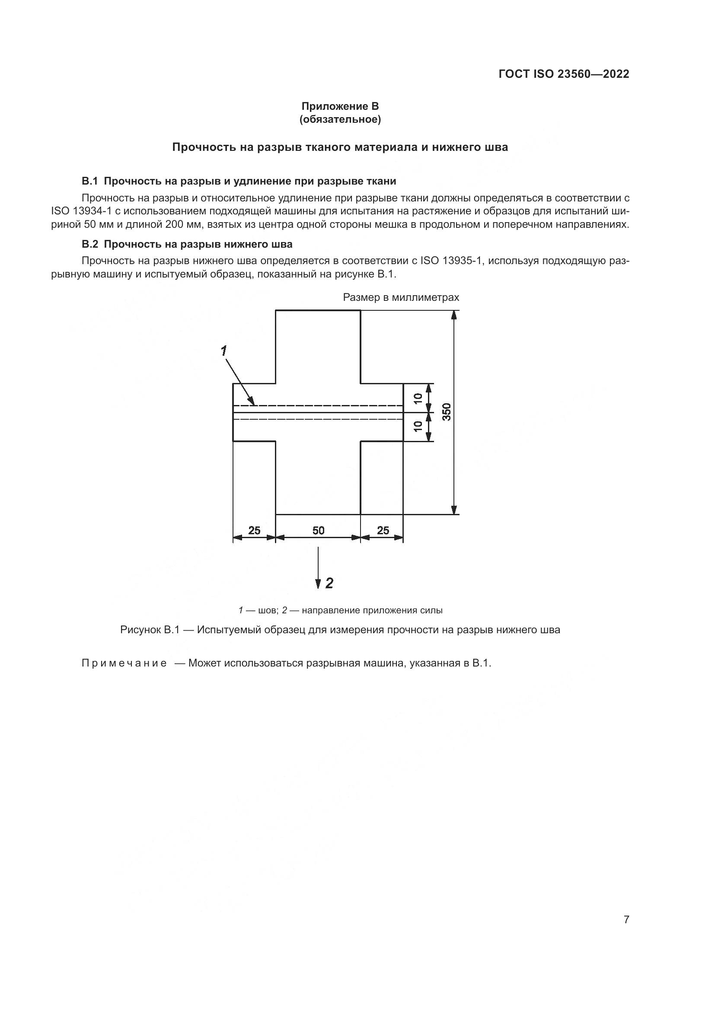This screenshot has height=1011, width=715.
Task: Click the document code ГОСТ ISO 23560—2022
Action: [x=564, y=74]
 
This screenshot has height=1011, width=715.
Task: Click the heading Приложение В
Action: [x=340, y=106]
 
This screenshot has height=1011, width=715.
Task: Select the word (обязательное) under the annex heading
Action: [x=340, y=119]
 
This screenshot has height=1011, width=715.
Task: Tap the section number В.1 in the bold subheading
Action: [x=89, y=181]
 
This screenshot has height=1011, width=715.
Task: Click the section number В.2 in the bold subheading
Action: [x=89, y=244]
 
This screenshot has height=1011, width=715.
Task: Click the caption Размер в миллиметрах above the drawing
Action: [x=401, y=298]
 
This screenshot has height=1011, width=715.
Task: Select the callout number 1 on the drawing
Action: [x=223, y=351]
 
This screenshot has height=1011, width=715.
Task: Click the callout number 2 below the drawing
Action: [x=329, y=583]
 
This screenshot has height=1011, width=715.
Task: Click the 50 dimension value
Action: [x=318, y=531]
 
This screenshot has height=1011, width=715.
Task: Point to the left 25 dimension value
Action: [x=254, y=531]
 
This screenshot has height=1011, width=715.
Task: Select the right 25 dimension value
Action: [x=383, y=531]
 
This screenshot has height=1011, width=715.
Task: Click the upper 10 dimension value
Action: [x=418, y=398]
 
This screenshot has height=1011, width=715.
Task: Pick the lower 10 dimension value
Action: [x=418, y=426]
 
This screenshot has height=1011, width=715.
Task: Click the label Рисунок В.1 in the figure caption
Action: [x=150, y=630]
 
